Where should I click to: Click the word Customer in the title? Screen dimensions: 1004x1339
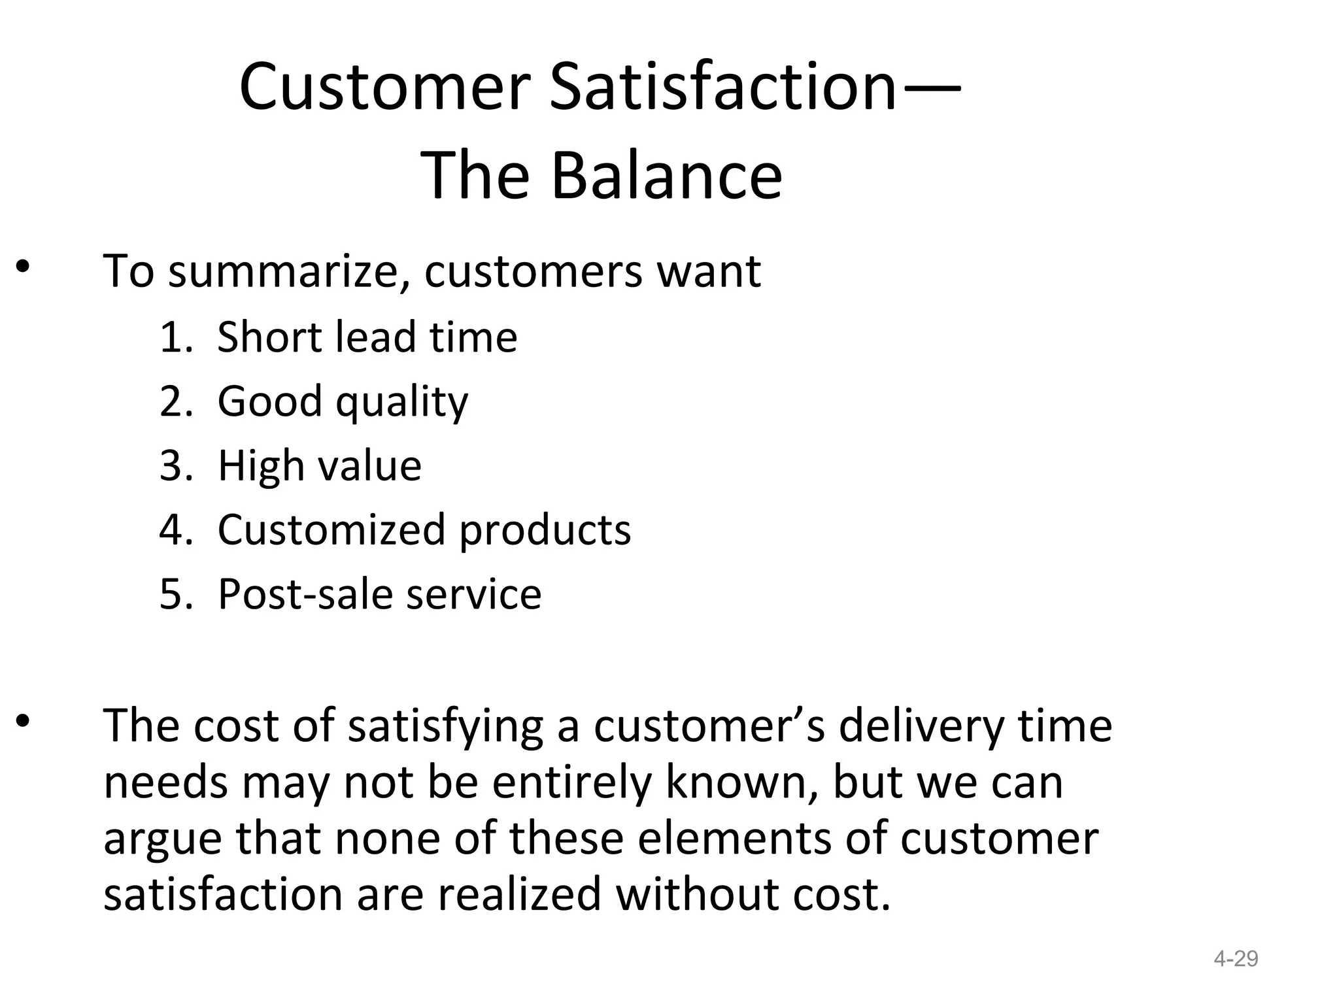(384, 87)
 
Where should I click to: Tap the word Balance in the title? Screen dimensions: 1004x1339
(666, 175)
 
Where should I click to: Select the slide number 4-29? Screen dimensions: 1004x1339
(1235, 959)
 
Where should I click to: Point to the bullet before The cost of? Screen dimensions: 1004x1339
(24, 721)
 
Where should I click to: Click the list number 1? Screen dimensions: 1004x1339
(174, 337)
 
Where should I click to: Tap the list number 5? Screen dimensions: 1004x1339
(174, 594)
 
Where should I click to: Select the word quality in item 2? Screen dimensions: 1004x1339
(401, 402)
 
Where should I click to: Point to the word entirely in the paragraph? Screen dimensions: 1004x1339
(571, 782)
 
